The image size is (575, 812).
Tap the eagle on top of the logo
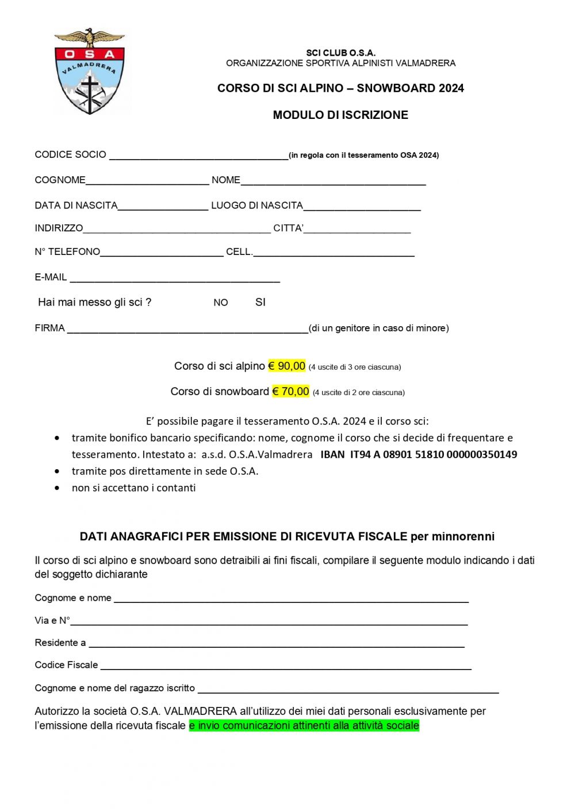tap(89, 38)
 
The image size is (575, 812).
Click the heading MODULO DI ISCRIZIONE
tap(340, 115)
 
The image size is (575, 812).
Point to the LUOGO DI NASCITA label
tap(257, 206)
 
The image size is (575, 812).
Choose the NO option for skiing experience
tap(221, 303)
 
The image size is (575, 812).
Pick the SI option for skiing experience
tap(260, 302)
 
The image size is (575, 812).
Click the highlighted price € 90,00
tap(287, 366)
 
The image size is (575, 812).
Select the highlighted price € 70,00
tap(290, 392)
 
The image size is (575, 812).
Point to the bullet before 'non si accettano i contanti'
tap(57, 488)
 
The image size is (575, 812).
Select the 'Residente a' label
tap(60, 643)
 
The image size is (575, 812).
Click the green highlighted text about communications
tap(304, 726)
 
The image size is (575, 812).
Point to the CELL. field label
tap(239, 252)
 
